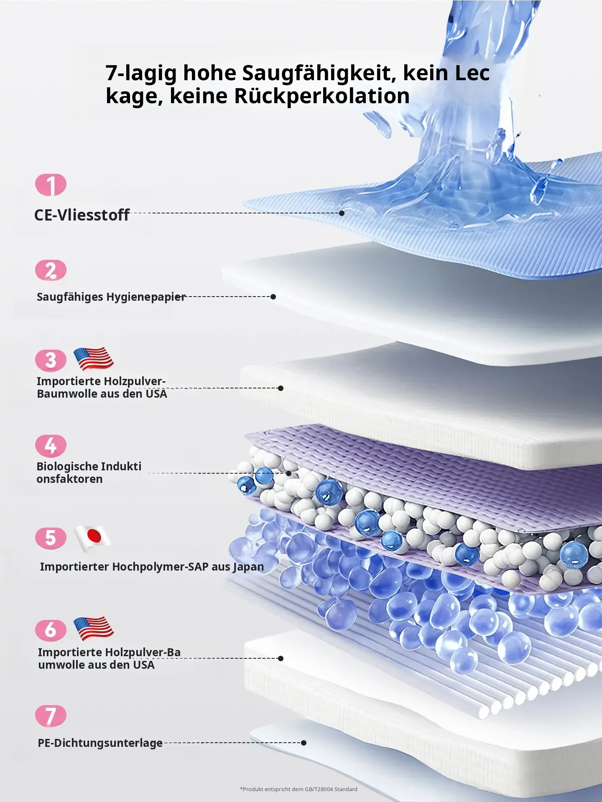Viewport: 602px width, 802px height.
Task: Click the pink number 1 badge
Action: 51,185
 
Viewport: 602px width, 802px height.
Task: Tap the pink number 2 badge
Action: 51,270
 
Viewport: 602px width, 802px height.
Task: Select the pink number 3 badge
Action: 51,360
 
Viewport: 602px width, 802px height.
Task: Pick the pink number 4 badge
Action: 51,446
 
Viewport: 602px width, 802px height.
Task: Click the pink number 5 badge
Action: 51,538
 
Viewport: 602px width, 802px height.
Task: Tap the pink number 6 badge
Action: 51,630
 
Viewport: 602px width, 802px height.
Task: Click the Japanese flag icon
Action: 92,538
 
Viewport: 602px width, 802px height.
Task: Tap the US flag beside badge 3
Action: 93,359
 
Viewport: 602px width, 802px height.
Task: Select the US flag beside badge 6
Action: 93,628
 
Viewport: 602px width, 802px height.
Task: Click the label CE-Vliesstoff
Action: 82,215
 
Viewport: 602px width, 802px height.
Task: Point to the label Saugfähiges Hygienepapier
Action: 111,297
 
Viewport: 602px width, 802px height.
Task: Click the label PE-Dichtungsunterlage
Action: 100,743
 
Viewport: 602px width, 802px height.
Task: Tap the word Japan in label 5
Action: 248,567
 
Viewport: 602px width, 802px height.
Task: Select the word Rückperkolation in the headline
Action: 321,96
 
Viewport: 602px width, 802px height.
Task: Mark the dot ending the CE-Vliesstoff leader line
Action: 342,213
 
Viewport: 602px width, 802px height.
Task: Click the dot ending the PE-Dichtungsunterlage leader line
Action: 304,743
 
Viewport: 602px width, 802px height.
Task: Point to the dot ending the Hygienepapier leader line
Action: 273,297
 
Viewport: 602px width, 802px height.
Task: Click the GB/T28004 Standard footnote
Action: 298,789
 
